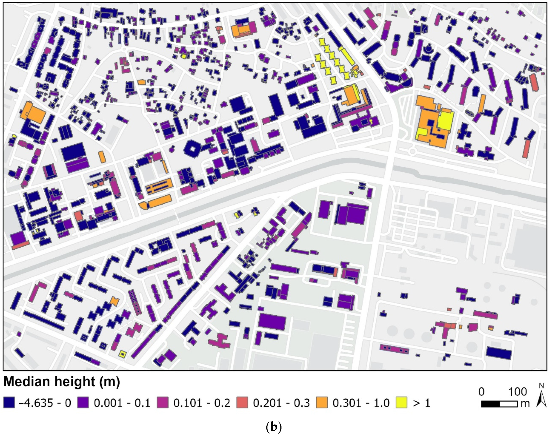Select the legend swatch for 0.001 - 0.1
[84, 403]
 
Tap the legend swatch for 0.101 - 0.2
[163, 403]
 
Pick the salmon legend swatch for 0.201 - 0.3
[242, 403]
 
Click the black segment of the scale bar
[490, 404]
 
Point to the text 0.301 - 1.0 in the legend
[361, 403]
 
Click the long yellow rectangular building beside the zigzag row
[347, 56]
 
